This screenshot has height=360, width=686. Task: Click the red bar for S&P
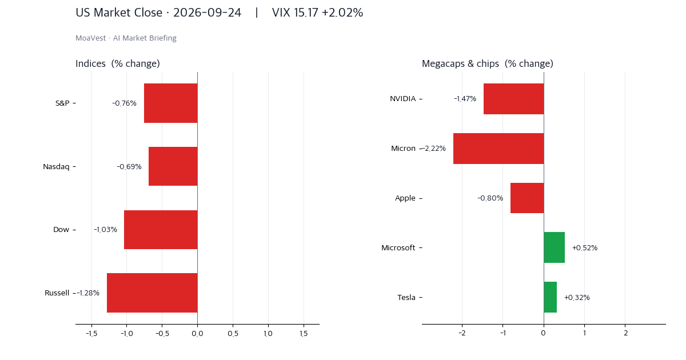point(170,103)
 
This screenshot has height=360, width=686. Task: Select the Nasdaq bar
point(173,166)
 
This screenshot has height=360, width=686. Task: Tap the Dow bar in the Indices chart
point(161,230)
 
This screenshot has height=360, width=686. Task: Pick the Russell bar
point(152,293)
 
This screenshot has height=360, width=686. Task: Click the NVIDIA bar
point(513,99)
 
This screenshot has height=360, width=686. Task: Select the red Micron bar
point(498,149)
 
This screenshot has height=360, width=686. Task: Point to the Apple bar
point(527,198)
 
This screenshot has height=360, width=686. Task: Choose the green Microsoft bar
point(555,247)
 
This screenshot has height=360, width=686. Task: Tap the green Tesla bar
point(551,297)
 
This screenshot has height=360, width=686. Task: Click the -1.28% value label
point(88,293)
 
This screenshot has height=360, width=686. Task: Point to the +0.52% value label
point(585,247)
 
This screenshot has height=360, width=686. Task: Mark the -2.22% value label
point(434,149)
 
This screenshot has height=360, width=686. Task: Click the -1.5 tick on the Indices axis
point(91,333)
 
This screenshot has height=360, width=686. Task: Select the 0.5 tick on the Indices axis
point(233,333)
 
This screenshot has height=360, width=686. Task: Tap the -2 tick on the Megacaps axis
point(462,333)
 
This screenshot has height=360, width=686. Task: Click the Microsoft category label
point(398,247)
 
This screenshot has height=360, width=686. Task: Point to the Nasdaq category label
point(56,166)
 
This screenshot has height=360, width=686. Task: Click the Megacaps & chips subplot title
point(488,63)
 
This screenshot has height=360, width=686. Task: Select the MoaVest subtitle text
point(126,38)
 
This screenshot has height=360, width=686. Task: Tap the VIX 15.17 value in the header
point(295,13)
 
